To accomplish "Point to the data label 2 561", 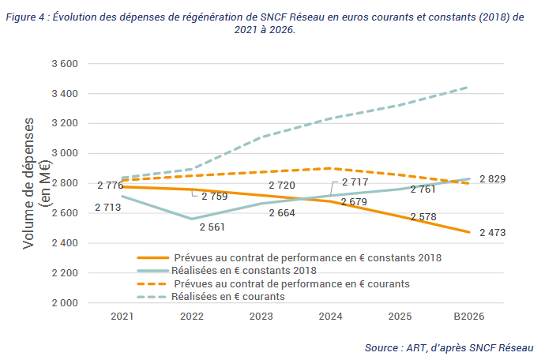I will (x=212, y=227).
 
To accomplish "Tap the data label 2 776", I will (x=111, y=185).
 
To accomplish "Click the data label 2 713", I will (x=107, y=208).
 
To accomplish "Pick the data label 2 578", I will (x=423, y=216).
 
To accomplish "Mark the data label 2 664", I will (x=283, y=212).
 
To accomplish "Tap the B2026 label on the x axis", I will (x=468, y=316).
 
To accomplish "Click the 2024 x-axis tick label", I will (x=329, y=316).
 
